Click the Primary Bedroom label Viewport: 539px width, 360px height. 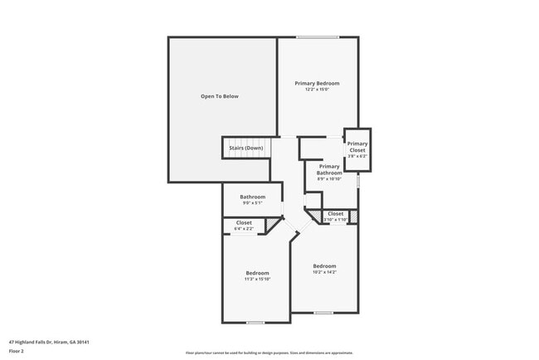click(318, 83)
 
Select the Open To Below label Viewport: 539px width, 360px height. click(219, 96)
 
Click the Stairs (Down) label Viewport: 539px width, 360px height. click(245, 148)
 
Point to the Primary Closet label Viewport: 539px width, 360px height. click(357, 147)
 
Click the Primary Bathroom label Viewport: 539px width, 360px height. click(329, 169)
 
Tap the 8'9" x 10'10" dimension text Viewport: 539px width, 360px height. click(329, 178)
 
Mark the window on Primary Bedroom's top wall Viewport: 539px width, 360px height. click(318, 36)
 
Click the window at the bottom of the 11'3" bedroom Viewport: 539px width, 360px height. click(255, 323)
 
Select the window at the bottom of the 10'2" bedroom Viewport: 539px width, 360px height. click(323, 313)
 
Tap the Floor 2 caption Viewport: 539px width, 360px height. click(17, 351)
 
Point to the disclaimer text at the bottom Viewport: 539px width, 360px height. click(269, 353)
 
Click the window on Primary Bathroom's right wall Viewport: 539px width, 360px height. click(359, 178)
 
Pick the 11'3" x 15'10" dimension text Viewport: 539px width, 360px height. click(257, 279)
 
